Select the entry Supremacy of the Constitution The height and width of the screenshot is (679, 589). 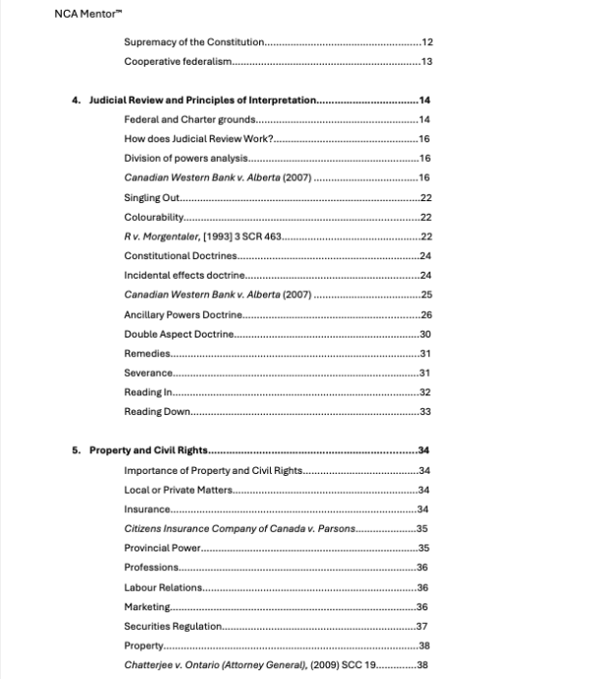[194, 43]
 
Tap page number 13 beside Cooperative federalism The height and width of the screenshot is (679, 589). [426, 63]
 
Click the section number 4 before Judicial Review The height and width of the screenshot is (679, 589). [76, 101]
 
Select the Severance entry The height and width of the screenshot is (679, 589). [148, 373]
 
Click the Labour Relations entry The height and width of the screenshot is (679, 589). [163, 587]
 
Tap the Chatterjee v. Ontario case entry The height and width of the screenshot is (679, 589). [249, 665]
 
